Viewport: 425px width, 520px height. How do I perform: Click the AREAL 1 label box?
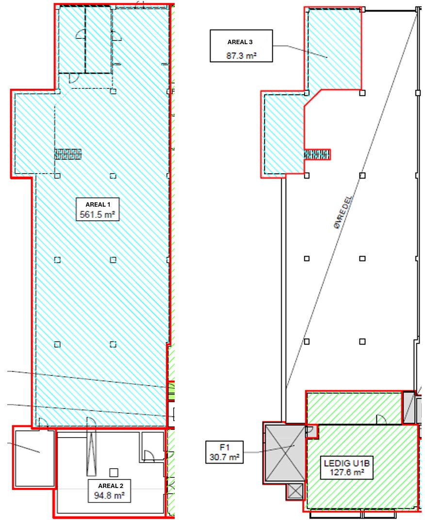(x=98, y=209)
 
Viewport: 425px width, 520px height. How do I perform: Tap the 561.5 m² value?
(x=98, y=214)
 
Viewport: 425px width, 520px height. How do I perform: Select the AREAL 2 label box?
(x=110, y=491)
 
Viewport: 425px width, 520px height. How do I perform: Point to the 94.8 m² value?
(x=110, y=496)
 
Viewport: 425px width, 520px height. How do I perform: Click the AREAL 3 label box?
(x=241, y=46)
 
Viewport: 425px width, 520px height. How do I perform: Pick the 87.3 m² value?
(x=241, y=55)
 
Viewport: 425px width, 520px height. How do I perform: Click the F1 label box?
(x=225, y=452)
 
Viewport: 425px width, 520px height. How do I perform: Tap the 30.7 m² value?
(x=225, y=457)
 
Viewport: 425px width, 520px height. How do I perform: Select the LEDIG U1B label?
(x=347, y=463)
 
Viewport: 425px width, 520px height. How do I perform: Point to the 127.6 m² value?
(x=347, y=471)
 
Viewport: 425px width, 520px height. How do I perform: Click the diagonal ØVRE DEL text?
(x=343, y=211)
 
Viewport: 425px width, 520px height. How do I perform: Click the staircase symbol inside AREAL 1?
(x=68, y=154)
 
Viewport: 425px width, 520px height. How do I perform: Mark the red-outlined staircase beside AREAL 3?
(x=317, y=155)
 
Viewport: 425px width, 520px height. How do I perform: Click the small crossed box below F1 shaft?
(x=295, y=491)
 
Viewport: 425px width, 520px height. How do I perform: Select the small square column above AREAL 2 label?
(x=114, y=472)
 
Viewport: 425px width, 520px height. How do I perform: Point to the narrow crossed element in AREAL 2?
(x=92, y=455)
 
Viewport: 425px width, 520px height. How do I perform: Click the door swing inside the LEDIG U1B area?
(x=381, y=419)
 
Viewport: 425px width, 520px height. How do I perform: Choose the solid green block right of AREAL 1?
(x=171, y=391)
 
